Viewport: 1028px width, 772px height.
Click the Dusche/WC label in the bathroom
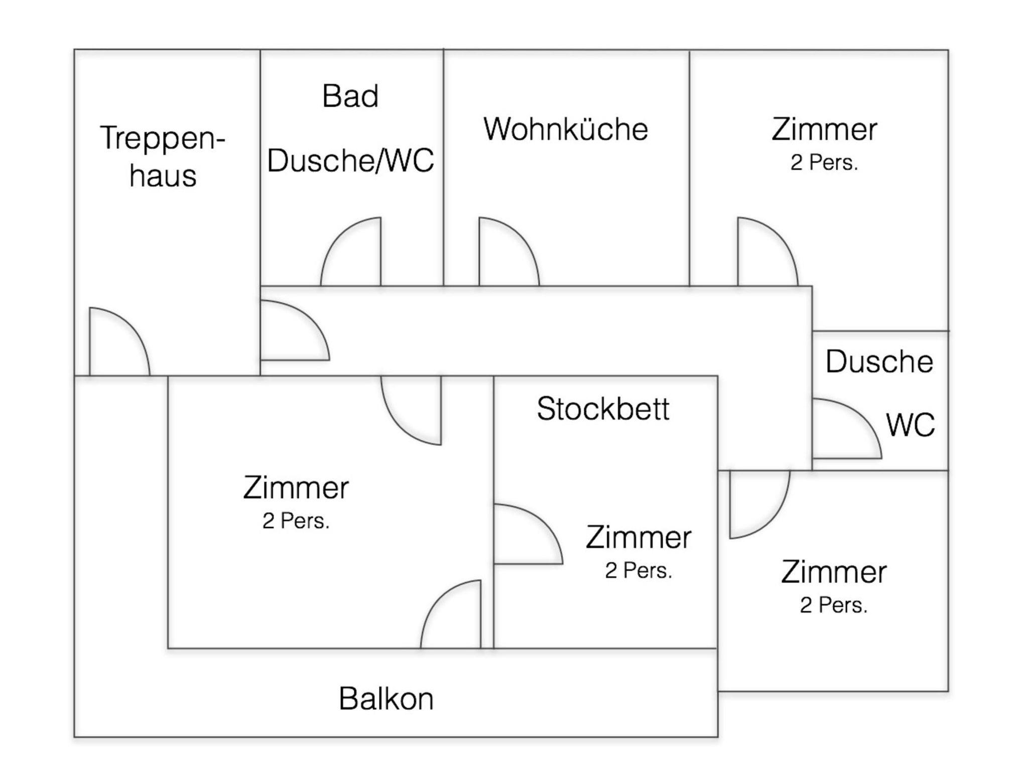click(x=350, y=161)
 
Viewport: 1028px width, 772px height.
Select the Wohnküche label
click(x=566, y=129)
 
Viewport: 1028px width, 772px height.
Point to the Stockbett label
click(x=603, y=409)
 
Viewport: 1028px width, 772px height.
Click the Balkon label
click(x=386, y=698)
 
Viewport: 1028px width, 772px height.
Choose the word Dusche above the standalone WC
click(x=879, y=361)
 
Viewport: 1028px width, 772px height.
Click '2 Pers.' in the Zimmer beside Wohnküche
click(x=824, y=163)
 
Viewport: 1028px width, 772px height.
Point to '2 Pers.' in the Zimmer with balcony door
click(x=296, y=521)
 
